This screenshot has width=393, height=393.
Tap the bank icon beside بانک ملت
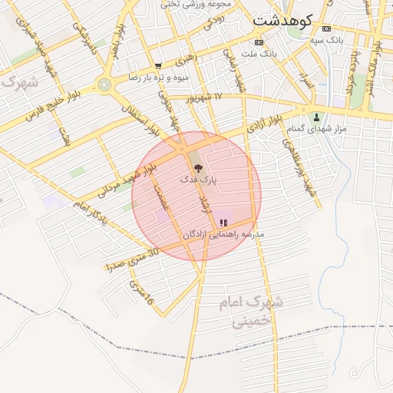click(x=259, y=42)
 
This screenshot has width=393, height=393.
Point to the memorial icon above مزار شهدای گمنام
click(x=316, y=117)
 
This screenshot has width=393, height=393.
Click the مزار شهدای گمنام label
click(x=321, y=128)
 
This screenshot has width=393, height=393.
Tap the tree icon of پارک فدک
click(x=198, y=167)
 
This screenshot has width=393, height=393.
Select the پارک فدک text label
click(x=199, y=178)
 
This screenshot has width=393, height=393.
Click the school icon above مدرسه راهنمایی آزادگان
click(x=223, y=223)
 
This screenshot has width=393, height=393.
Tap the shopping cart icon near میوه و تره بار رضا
click(x=158, y=66)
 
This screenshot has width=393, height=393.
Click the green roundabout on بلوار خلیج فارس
click(x=104, y=84)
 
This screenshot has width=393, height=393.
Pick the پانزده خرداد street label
click(x=352, y=74)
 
